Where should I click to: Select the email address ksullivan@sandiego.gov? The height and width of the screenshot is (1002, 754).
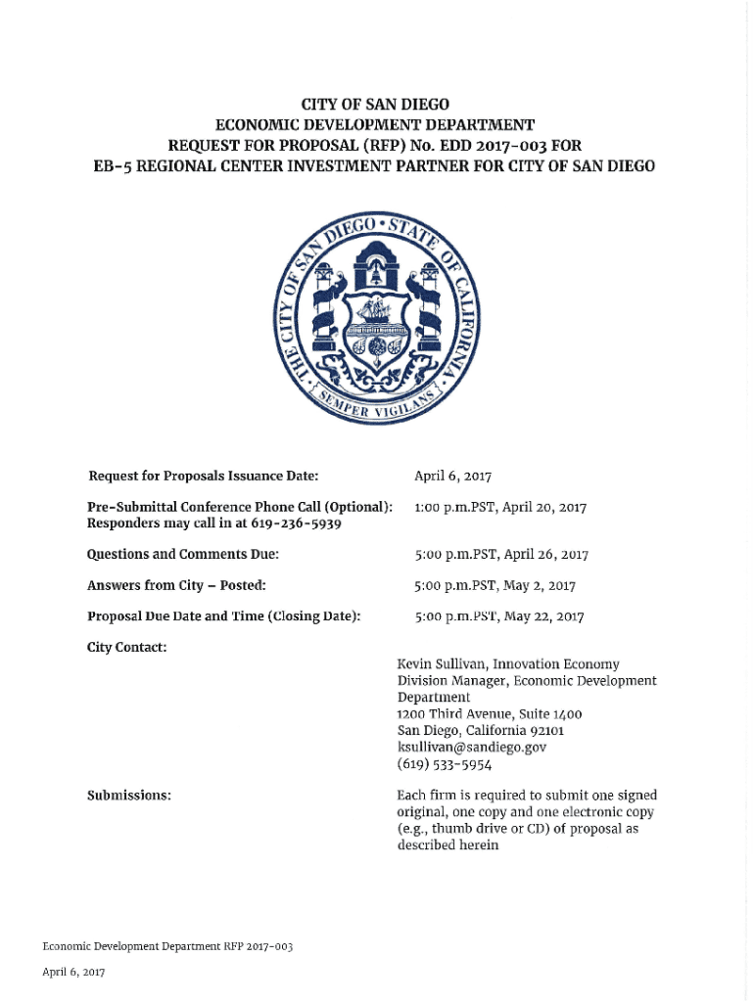(x=471, y=747)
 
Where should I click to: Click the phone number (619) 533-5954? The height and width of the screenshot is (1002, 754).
(x=444, y=764)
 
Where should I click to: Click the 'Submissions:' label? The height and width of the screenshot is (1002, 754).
(x=129, y=796)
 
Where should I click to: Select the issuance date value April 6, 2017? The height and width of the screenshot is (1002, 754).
(x=452, y=477)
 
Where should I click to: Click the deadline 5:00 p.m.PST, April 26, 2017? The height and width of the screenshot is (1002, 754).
(x=500, y=555)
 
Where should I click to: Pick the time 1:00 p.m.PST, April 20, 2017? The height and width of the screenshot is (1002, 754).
(x=499, y=508)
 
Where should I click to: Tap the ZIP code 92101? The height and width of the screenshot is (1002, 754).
(x=544, y=731)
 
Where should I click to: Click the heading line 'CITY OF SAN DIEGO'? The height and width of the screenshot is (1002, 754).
(x=375, y=105)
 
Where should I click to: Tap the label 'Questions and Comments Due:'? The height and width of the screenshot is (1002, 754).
(x=183, y=555)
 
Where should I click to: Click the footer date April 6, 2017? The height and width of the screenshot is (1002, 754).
(x=73, y=972)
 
